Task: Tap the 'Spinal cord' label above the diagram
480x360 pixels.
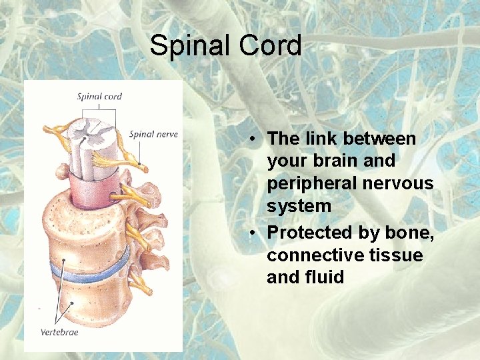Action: coord(99,96)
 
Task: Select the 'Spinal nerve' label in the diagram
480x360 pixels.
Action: coord(153,134)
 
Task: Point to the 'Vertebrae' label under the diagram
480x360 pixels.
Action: coord(59,331)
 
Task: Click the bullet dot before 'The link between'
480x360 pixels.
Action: coord(255,139)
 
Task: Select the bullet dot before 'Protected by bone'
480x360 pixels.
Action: coord(255,233)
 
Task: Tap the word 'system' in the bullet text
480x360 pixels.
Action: coord(299,207)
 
